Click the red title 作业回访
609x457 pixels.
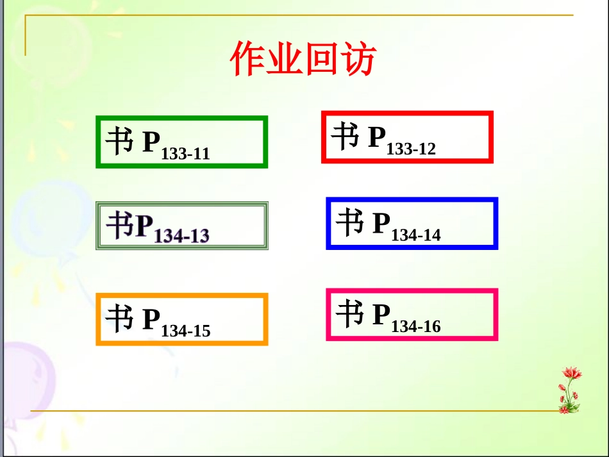(303, 60)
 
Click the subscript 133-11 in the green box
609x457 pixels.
(186, 154)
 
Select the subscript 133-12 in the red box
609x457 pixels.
(411, 149)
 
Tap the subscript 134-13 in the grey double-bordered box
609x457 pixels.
(182, 236)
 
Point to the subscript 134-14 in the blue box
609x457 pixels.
(416, 235)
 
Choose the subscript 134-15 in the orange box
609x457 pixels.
(186, 331)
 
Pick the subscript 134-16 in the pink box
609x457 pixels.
(416, 327)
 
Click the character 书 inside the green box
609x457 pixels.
(120, 140)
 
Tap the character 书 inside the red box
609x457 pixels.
(346, 135)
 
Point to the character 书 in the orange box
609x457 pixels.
(120, 317)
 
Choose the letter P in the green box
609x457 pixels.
(151, 141)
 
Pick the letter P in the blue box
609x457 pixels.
(381, 222)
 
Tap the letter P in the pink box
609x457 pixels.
(381, 314)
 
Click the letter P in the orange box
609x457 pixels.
(151, 319)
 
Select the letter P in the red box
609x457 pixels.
(377, 137)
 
